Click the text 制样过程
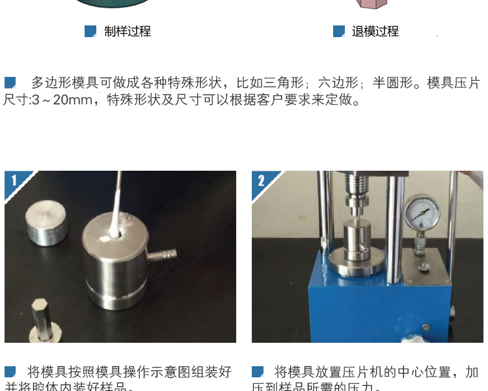pos(128,31)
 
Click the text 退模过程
pos(375,31)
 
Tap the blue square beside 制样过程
pos(90,31)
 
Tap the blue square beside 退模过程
pos(338,31)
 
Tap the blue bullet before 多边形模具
pos(10,83)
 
